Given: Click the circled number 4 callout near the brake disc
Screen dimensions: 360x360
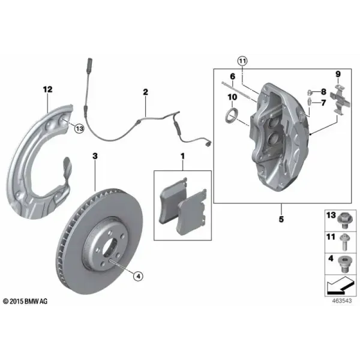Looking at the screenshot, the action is pos(138,276).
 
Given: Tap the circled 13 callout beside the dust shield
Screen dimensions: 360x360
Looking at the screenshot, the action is pos(79,128).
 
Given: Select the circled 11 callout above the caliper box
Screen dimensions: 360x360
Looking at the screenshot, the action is pos(242,61).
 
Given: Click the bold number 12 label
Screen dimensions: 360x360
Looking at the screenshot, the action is pos(48,89).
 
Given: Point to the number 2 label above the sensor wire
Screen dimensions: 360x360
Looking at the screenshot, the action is pos(146,92).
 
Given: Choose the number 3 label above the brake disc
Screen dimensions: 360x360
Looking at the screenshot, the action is pos(95,156).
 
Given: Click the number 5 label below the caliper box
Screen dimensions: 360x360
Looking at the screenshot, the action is pos(281,219).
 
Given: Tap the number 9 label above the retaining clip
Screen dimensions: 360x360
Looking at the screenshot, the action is pos(338,74).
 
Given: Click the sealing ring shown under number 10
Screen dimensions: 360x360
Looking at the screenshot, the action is pos(232,116).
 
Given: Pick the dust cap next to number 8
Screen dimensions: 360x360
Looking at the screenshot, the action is pos(310,93).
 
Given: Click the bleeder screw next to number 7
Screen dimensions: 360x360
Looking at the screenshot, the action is pos(310,101).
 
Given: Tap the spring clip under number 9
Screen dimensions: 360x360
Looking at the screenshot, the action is pos(340,99).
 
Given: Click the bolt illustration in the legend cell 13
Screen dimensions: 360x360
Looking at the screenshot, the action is pos(344,220).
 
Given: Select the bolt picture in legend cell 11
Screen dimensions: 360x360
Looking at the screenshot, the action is pos(344,242).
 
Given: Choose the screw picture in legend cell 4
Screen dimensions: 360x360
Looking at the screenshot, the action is pos(344,264).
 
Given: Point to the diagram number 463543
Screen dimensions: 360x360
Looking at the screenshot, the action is pos(342,301).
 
